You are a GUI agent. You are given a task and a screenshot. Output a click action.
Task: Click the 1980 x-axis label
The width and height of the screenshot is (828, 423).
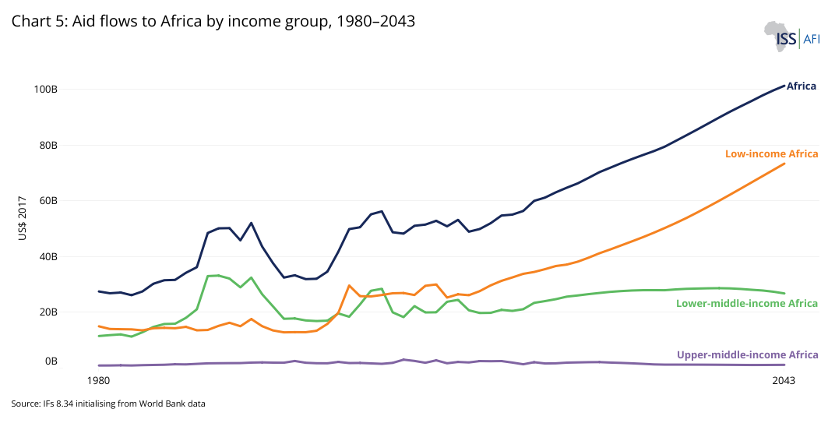[98, 381]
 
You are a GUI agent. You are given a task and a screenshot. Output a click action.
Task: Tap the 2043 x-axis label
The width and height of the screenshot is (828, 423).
[783, 381]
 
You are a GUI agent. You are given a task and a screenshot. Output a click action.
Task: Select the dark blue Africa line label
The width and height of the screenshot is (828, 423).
[802, 86]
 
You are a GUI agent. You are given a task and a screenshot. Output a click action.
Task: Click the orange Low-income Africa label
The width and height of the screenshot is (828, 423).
[771, 154]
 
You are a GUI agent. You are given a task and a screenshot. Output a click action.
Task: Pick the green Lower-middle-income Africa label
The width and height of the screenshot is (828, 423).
[747, 303]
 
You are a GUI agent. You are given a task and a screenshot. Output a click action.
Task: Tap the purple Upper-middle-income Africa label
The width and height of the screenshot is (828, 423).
[747, 355]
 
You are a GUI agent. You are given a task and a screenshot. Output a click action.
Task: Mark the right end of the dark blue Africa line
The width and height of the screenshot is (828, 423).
[784, 86]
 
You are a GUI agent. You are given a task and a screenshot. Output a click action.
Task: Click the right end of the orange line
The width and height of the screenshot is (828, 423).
[784, 164]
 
